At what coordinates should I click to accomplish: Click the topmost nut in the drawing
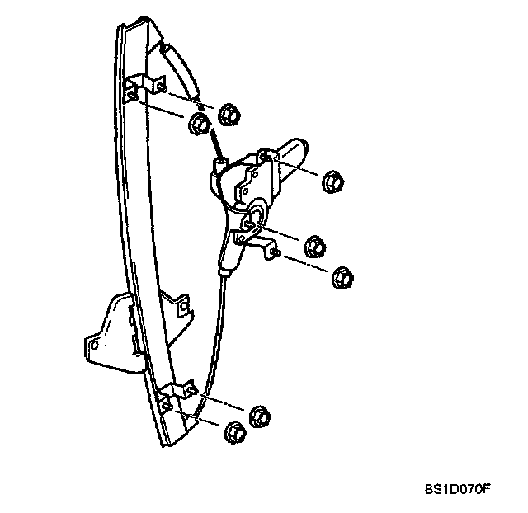point(231,115)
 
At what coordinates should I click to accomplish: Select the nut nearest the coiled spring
point(200,125)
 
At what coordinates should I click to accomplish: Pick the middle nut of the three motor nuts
point(314,245)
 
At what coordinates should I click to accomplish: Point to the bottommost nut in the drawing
point(233,431)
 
